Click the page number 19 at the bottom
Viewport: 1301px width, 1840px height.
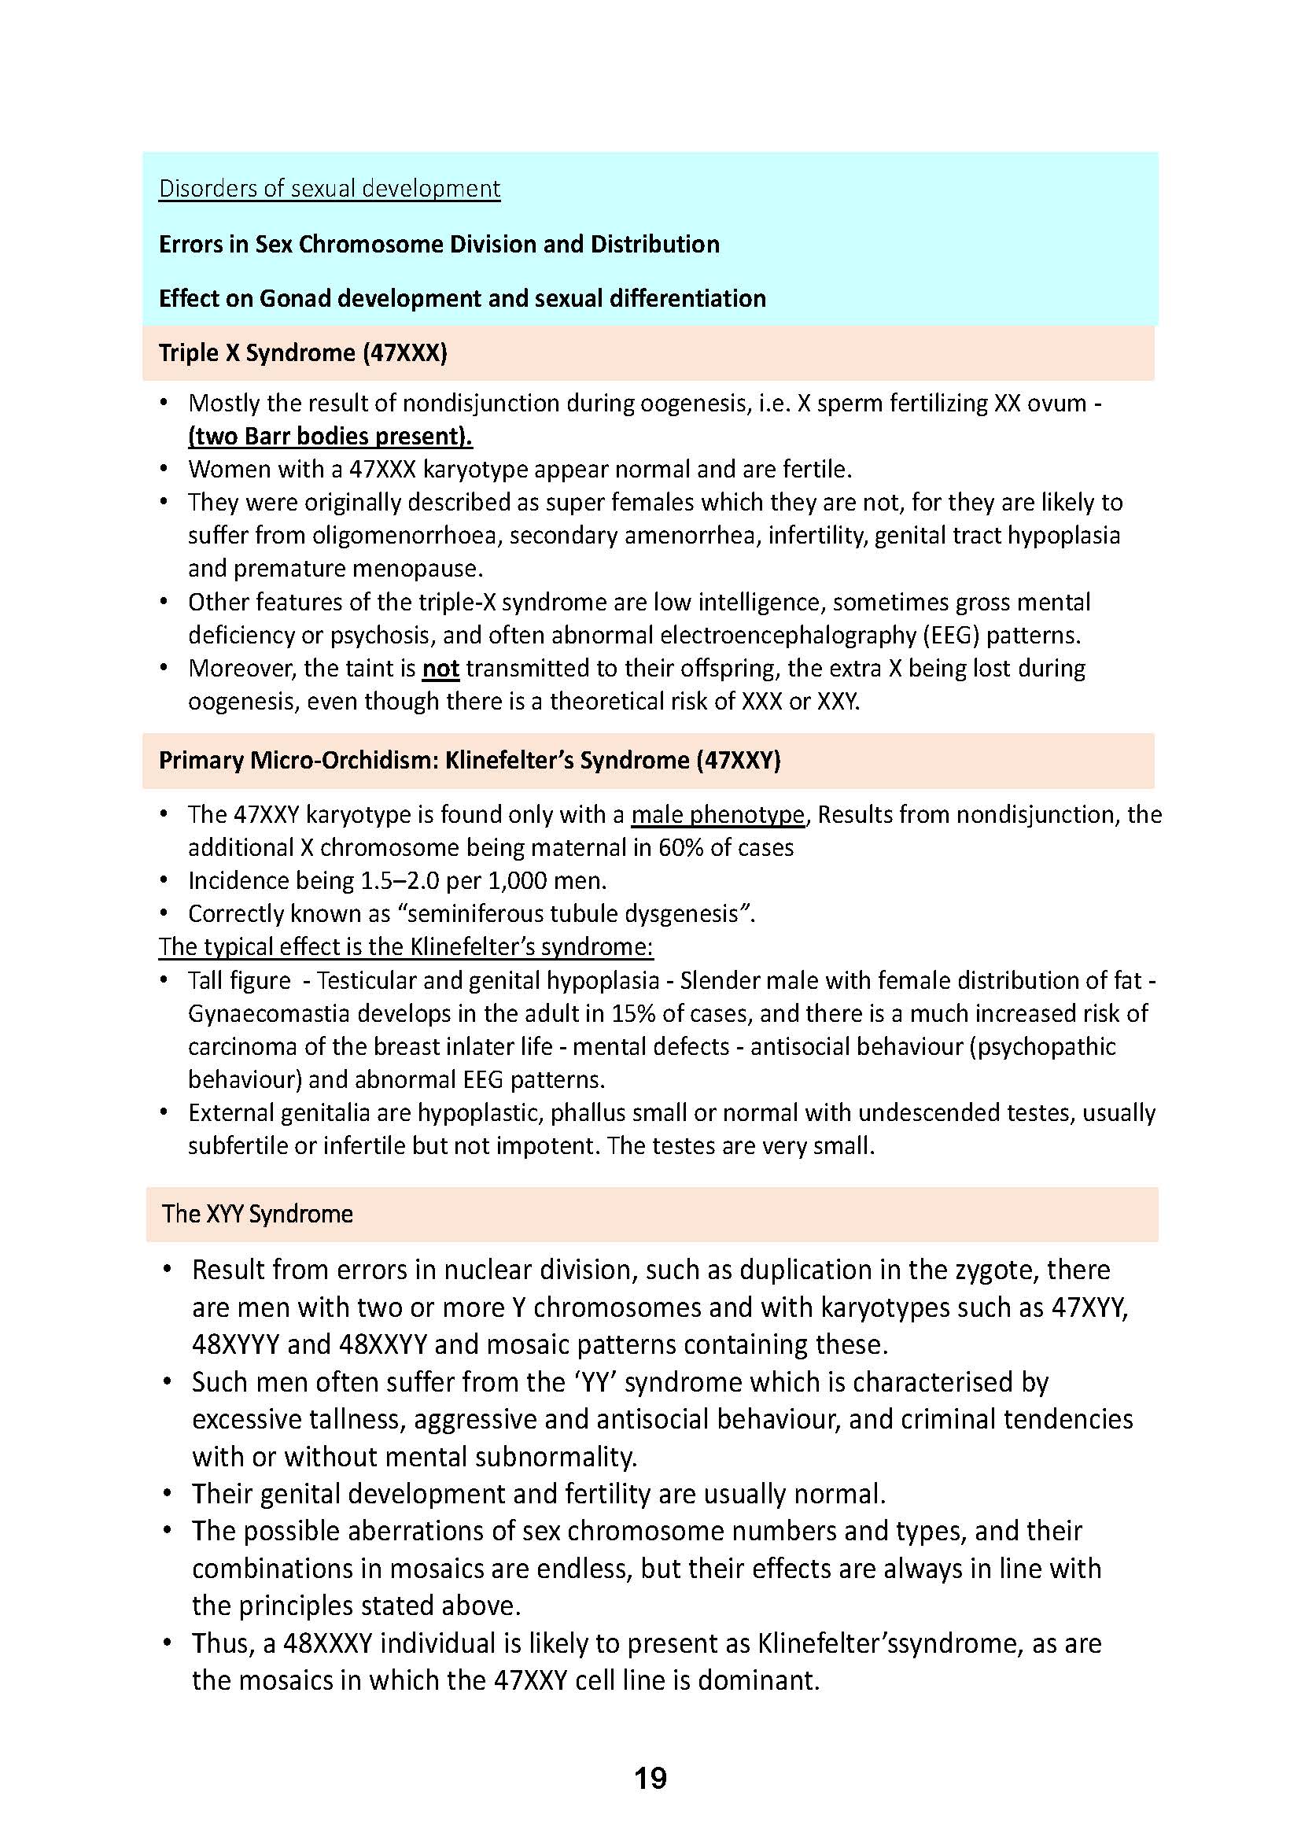(x=650, y=1779)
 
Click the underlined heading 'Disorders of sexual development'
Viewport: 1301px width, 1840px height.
(x=330, y=188)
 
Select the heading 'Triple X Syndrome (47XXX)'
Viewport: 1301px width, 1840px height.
(x=303, y=352)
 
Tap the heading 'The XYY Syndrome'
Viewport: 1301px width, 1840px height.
(x=257, y=1213)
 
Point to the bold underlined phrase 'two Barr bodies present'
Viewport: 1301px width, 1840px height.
(x=330, y=436)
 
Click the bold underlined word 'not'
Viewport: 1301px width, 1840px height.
(x=440, y=669)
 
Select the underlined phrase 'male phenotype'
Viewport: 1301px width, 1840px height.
(x=717, y=814)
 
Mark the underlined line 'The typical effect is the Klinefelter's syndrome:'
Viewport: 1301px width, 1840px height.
(x=405, y=946)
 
